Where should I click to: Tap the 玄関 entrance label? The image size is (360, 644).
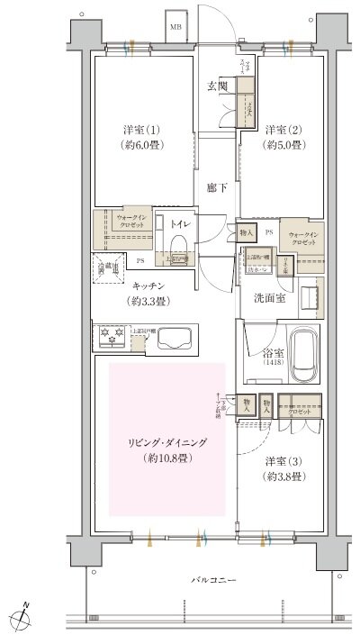pos(217,86)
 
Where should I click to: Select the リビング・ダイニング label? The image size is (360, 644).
pos(166,444)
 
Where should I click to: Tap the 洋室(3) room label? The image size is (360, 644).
pos(282,462)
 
